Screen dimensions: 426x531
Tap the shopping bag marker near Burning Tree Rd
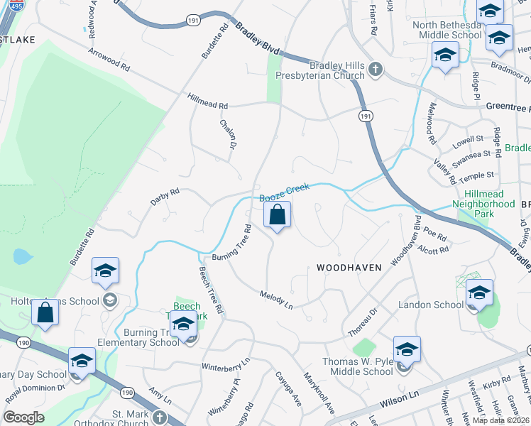tap(278, 214)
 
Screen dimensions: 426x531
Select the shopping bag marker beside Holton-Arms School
tap(45, 313)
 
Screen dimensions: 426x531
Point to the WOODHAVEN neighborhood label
tap(349, 268)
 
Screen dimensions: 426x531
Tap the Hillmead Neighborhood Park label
tap(489, 198)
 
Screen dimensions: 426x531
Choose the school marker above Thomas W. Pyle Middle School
tap(407, 351)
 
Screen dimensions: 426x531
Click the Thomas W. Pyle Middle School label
tap(358, 366)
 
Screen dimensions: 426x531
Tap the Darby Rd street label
tap(165, 197)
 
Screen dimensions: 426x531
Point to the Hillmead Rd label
tap(207, 101)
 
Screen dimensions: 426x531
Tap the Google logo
tap(24, 417)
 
